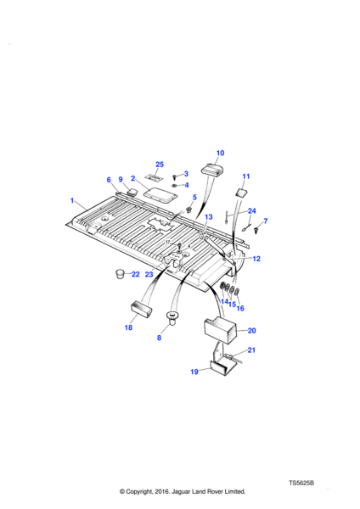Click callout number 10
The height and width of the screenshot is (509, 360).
(220, 153)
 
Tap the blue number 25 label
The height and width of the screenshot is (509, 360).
(160, 165)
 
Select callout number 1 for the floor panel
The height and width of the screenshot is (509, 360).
(72, 200)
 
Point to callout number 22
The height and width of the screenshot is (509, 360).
(136, 274)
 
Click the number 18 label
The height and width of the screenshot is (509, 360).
(128, 327)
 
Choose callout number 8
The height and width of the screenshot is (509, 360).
(159, 338)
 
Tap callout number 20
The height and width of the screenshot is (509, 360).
(252, 331)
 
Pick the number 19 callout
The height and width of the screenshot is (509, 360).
(194, 372)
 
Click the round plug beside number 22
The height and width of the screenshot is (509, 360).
(120, 274)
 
